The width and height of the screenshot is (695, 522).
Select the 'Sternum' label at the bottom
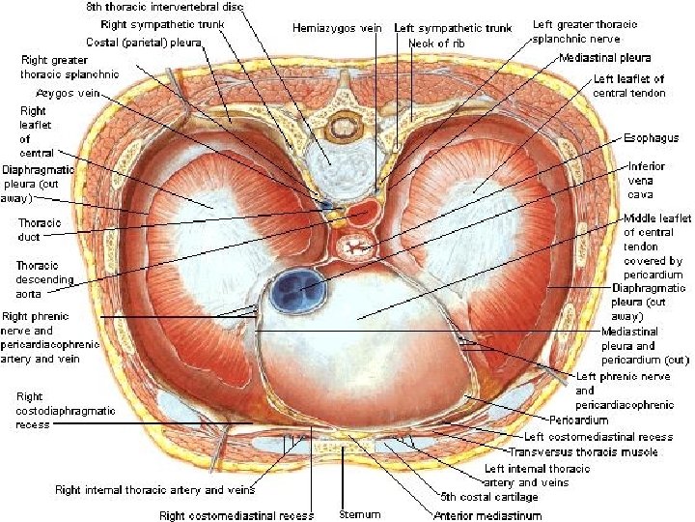(360, 514)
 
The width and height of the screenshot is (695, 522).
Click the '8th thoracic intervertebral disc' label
(173, 8)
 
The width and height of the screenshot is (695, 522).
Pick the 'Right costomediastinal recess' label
(236, 514)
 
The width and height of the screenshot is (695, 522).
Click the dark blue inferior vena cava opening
(297, 289)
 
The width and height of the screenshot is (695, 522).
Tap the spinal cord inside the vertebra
(343, 125)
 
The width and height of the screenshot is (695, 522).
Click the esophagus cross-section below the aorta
(351, 248)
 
